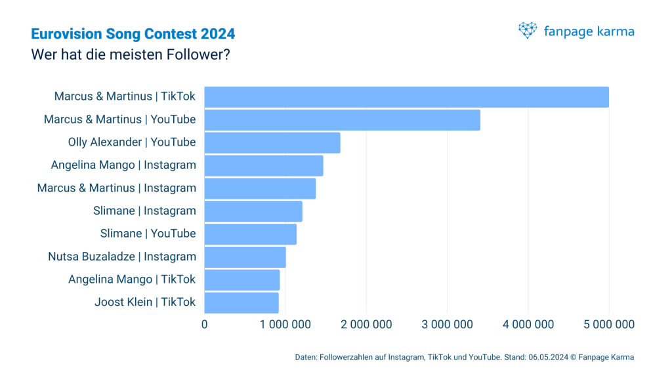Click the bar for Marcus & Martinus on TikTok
click(x=406, y=97)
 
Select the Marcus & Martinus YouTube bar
click(x=342, y=120)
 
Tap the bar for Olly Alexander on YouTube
click(x=272, y=143)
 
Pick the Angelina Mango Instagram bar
click(x=264, y=165)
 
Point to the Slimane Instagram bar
click(x=253, y=211)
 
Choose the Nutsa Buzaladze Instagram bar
click(x=245, y=257)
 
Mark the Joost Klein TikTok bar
click(x=241, y=303)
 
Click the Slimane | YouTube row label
click(x=148, y=234)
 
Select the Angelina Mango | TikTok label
click(x=132, y=280)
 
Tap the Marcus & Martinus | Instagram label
click(x=116, y=188)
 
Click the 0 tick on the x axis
click(x=205, y=324)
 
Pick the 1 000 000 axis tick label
click(x=285, y=324)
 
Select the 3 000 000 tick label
click(x=448, y=324)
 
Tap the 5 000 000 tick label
click(x=609, y=324)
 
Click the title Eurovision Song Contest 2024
click(x=133, y=33)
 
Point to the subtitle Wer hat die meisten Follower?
click(x=130, y=54)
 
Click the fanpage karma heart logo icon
click(x=528, y=31)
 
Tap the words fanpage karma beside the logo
click(x=589, y=31)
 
